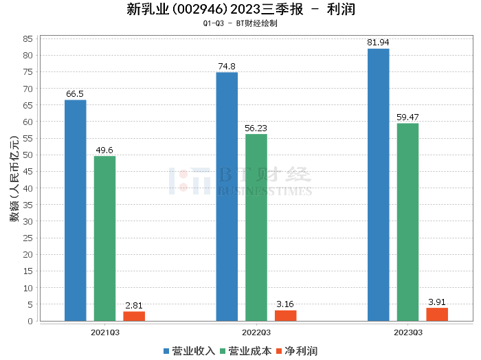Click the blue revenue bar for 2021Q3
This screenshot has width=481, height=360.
[76, 210]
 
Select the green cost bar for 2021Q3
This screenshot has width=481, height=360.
[104, 238]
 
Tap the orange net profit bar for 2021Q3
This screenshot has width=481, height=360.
[134, 316]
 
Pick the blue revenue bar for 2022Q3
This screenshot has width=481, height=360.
[227, 196]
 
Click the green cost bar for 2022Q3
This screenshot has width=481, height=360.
[256, 227]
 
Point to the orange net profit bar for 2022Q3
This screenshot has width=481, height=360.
[286, 315]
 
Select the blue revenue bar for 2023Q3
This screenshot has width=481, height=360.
[378, 185]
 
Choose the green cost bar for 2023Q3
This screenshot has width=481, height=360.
[407, 222]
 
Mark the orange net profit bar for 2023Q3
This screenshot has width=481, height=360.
[437, 314]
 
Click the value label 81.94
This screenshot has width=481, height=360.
[378, 43]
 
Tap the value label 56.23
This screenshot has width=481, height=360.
[256, 128]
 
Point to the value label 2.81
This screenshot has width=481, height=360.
[134, 305]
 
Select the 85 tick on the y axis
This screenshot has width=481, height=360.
[28, 38]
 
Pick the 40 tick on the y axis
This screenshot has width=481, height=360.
[28, 188]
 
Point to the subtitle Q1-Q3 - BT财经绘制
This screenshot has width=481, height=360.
[240, 24]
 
